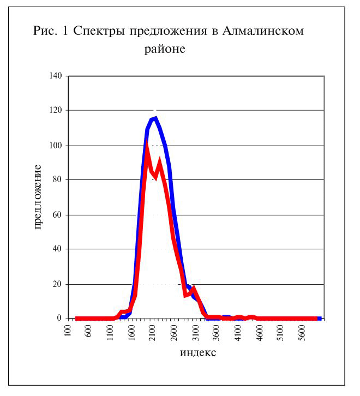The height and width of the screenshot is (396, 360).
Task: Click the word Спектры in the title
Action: pos(99,32)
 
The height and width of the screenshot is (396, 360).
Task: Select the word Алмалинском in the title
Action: pos(263,31)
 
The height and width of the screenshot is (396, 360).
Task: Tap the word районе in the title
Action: pos(165,49)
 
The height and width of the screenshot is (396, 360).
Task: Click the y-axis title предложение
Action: pos(38,197)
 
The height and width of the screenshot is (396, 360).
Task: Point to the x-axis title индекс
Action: pos(198,352)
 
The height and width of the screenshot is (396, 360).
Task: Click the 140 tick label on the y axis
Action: pos(56,75)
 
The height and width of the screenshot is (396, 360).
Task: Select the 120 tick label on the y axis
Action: pos(56,110)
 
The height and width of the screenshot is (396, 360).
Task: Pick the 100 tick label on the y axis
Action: pos(56,146)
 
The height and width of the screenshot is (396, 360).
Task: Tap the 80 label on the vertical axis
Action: pos(57,179)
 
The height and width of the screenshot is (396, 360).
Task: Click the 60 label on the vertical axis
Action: pos(57,215)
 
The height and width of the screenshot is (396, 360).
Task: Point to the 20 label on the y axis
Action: pos(57,284)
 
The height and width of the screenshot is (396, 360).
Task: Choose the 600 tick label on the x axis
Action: pos(89,331)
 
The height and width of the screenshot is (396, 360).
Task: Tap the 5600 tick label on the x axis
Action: pos(303,333)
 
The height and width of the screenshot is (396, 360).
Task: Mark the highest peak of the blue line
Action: pos(155,118)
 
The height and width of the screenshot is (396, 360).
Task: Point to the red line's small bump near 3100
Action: pos(194,287)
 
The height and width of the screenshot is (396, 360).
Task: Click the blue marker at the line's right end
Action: pos(319,319)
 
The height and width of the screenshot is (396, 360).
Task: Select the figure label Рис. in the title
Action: pos(45,31)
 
